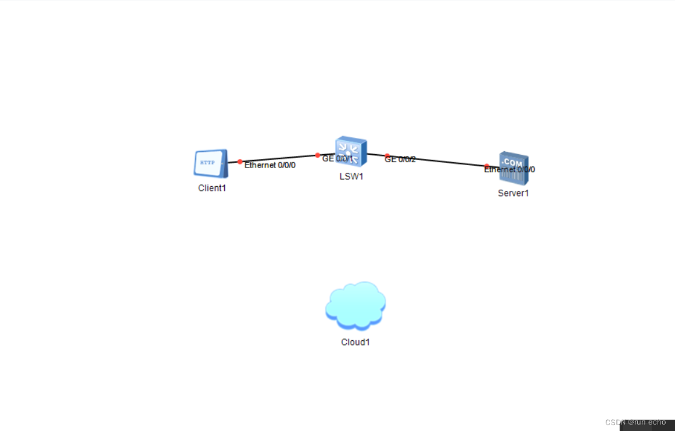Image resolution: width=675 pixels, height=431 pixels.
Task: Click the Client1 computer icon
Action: pos(210,163)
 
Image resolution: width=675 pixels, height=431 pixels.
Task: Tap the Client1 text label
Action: pos(211,188)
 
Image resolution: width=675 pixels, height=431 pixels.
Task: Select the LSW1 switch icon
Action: pos(350,152)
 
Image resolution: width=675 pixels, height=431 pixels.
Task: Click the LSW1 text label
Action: pos(351,176)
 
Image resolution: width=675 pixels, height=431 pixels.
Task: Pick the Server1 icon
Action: pos(514,168)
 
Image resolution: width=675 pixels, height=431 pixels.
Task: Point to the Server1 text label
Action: pos(514,193)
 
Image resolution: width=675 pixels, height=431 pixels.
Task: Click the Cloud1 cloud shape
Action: pos(356,305)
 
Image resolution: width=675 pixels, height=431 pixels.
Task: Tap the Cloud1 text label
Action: pos(356,342)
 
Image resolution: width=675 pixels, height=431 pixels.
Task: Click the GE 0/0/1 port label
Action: pos(337,159)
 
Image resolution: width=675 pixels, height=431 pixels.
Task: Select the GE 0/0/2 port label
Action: pos(400,159)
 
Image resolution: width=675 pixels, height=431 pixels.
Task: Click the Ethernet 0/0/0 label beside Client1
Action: pos(270,165)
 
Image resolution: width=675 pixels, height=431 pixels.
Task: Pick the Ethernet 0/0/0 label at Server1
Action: pos(509,170)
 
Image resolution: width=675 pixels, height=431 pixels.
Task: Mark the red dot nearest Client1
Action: pos(240,162)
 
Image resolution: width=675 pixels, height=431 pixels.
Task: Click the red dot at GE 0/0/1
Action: pos(317,155)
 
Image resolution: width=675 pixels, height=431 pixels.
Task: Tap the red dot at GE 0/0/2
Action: pos(387,156)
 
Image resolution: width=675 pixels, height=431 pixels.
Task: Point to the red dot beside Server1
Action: pos(487,166)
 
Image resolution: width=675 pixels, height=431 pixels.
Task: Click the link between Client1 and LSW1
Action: pos(279,158)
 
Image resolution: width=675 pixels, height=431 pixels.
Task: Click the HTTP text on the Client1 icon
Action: pos(207,163)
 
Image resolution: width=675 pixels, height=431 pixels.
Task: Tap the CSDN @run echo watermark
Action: pos(635,422)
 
